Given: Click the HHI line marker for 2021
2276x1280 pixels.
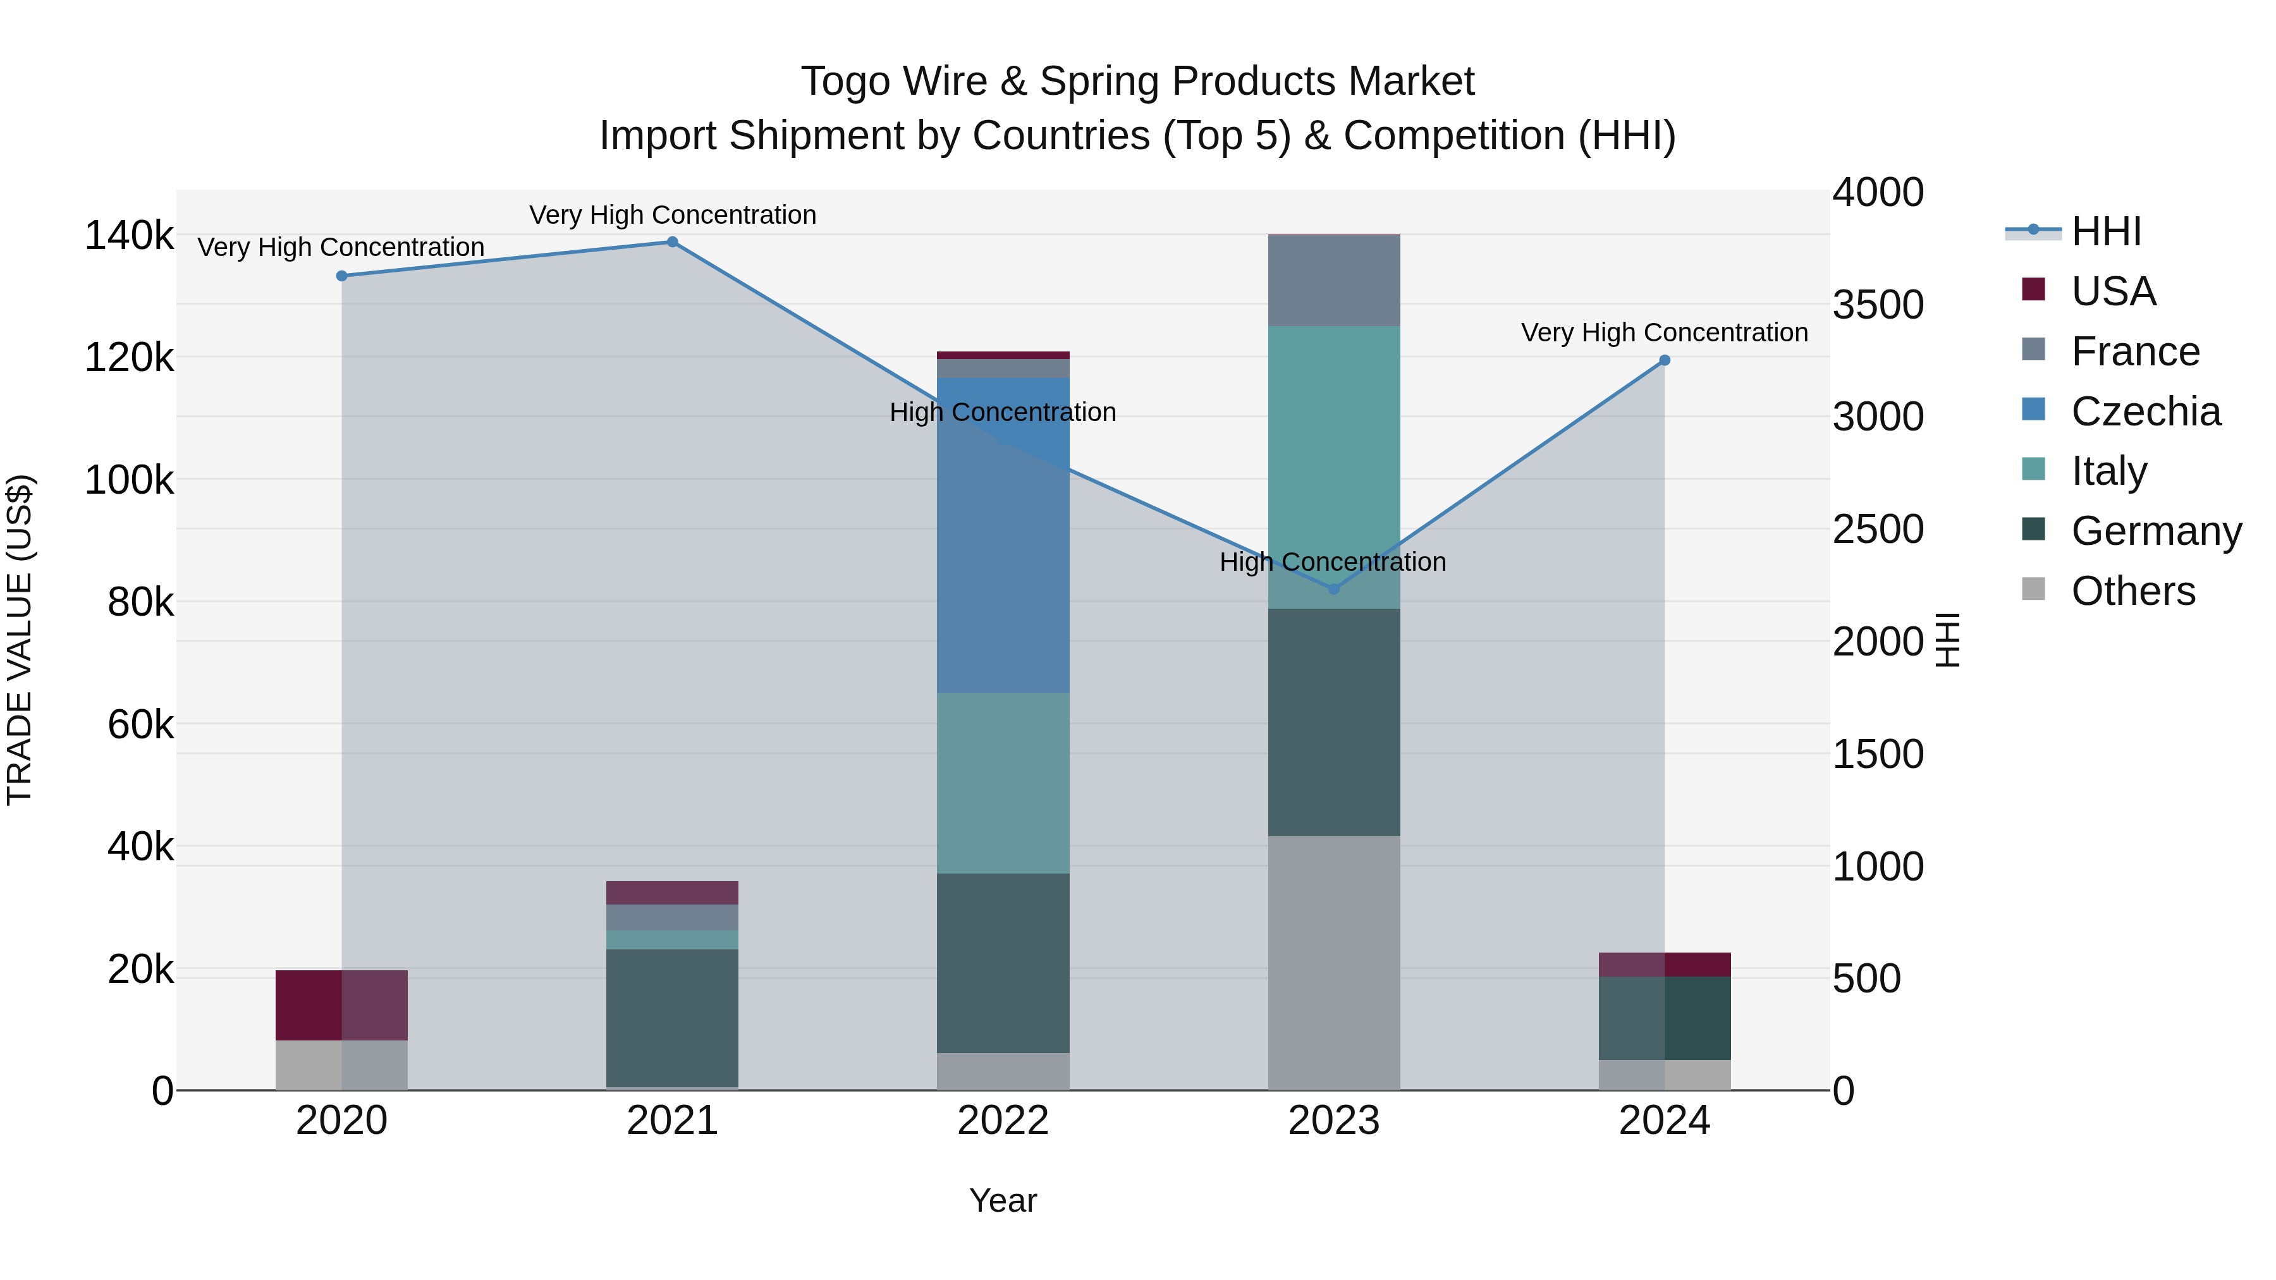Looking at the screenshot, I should coord(673,242).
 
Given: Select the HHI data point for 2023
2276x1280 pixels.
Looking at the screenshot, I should coord(1334,589).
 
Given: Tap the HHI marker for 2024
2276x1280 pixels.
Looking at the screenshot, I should coord(1665,360).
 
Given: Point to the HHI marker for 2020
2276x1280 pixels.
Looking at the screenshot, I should coord(342,276).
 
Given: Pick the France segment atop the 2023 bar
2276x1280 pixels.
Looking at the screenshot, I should coord(1334,281).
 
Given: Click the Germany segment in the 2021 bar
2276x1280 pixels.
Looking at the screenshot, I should coord(673,1018).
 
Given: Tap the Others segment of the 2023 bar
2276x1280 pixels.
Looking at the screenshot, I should coord(1334,963).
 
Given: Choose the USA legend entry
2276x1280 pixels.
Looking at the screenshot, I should coord(2112,291).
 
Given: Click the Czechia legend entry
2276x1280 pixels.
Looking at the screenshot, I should coord(2145,411).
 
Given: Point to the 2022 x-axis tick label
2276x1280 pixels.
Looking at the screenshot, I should coord(1003,1121).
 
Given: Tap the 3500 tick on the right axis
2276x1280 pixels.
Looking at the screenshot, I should coord(1878,305).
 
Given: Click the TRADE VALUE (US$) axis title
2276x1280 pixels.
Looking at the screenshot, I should coord(20,640).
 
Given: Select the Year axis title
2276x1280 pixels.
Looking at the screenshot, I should coord(1003,1200).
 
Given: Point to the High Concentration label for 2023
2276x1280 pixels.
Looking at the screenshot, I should coord(1332,562).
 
